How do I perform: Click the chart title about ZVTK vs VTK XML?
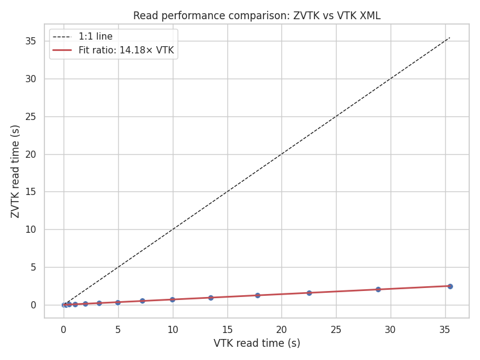(x=257, y=16)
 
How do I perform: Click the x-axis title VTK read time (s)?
(x=257, y=343)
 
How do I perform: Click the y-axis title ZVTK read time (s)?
(x=16, y=171)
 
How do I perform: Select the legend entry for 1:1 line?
(x=95, y=37)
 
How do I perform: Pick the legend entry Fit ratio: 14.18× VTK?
(x=126, y=50)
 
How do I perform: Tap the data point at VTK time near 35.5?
(x=450, y=286)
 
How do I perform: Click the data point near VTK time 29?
(x=378, y=289)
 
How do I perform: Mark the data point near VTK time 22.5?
(x=309, y=293)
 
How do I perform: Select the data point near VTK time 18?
(x=257, y=295)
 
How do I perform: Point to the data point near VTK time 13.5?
(x=211, y=298)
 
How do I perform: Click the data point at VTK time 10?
(x=172, y=299)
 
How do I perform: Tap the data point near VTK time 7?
(x=142, y=301)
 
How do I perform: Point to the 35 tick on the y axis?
(x=30, y=41)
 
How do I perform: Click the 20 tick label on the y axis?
(x=30, y=154)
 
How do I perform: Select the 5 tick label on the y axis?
(x=33, y=267)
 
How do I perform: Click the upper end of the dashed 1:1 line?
(x=449, y=37)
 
